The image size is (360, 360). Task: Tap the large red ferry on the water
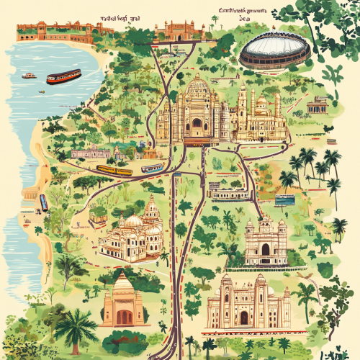(x=63, y=76)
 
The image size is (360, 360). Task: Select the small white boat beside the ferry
(x=29, y=76)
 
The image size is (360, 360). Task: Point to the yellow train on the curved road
(x=114, y=171)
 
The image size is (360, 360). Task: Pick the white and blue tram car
(x=152, y=168)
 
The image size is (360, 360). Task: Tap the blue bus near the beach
(x=43, y=202)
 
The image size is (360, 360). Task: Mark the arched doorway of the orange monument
(x=124, y=316)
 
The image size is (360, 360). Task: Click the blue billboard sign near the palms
(x=284, y=199)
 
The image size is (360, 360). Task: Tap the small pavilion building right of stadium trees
(x=317, y=106)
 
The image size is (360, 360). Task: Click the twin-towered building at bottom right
(x=248, y=302)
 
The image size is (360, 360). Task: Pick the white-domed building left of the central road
(x=133, y=234)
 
